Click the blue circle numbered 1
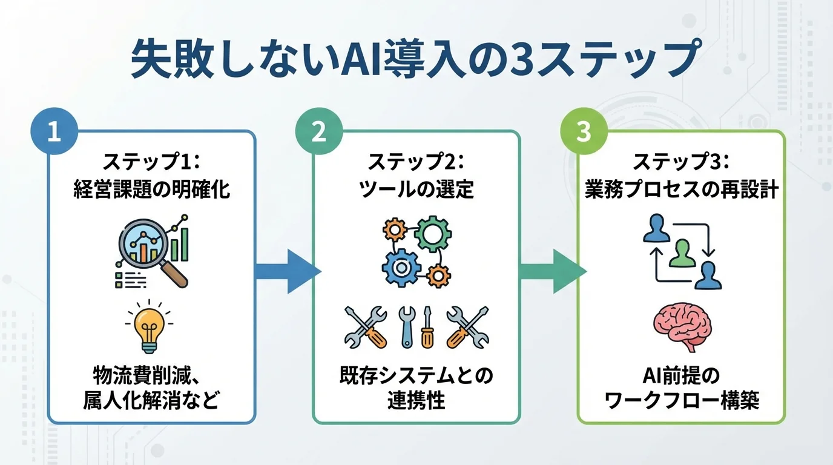(x=54, y=132)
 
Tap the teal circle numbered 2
(x=319, y=132)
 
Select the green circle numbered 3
(x=583, y=132)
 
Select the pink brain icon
(x=682, y=328)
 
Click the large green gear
(x=433, y=234)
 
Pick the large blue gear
(x=400, y=267)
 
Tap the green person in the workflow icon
(x=682, y=252)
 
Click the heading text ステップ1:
(x=151, y=163)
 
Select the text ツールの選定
(x=416, y=190)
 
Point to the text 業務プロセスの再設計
(x=681, y=190)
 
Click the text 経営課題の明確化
(x=151, y=190)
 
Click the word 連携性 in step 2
(x=416, y=401)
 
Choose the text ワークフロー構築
(x=682, y=401)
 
